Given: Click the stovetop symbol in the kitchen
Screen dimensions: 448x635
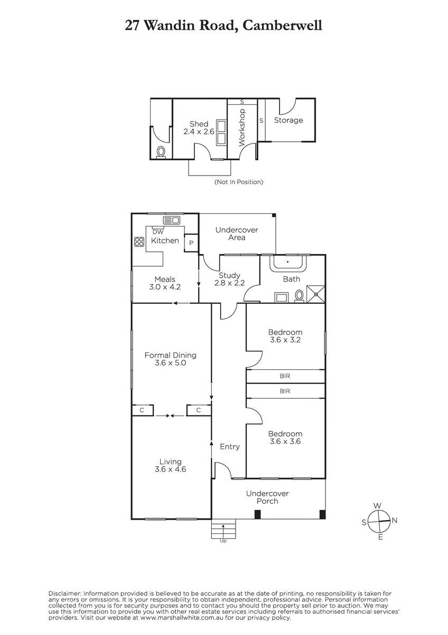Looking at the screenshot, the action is coord(139,242).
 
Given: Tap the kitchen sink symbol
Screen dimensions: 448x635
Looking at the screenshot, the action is coord(172,220).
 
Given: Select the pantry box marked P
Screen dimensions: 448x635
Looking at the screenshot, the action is coord(191,243).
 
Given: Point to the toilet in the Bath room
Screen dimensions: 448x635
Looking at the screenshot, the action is coord(299,295).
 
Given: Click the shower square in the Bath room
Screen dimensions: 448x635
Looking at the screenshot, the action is coord(315,294).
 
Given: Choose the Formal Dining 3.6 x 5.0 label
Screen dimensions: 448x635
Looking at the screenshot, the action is coord(170,359).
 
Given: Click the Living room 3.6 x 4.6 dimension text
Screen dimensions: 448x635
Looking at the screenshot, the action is coord(170,469).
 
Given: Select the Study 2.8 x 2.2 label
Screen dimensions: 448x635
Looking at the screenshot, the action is coord(229,279).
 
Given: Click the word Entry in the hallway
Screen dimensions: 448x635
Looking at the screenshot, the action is coord(230,447).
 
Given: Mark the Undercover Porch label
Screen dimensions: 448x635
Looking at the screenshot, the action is coord(267,497).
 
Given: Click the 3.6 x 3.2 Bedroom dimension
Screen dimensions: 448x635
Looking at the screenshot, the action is coord(285,340).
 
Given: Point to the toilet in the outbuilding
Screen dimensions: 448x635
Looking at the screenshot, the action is coord(161,152).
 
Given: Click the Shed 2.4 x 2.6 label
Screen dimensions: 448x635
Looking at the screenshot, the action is coord(199,128).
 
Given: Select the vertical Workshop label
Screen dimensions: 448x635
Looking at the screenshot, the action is coord(242,128).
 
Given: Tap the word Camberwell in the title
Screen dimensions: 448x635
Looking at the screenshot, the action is coord(283,25).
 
